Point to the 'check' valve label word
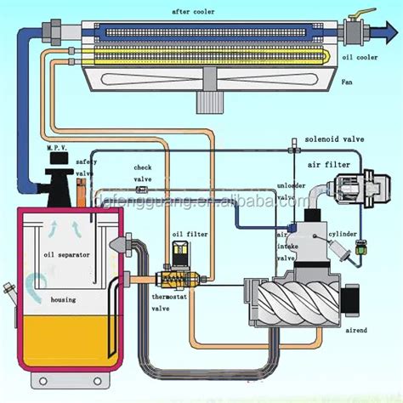pos(143,167)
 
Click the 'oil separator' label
pos(66,254)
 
